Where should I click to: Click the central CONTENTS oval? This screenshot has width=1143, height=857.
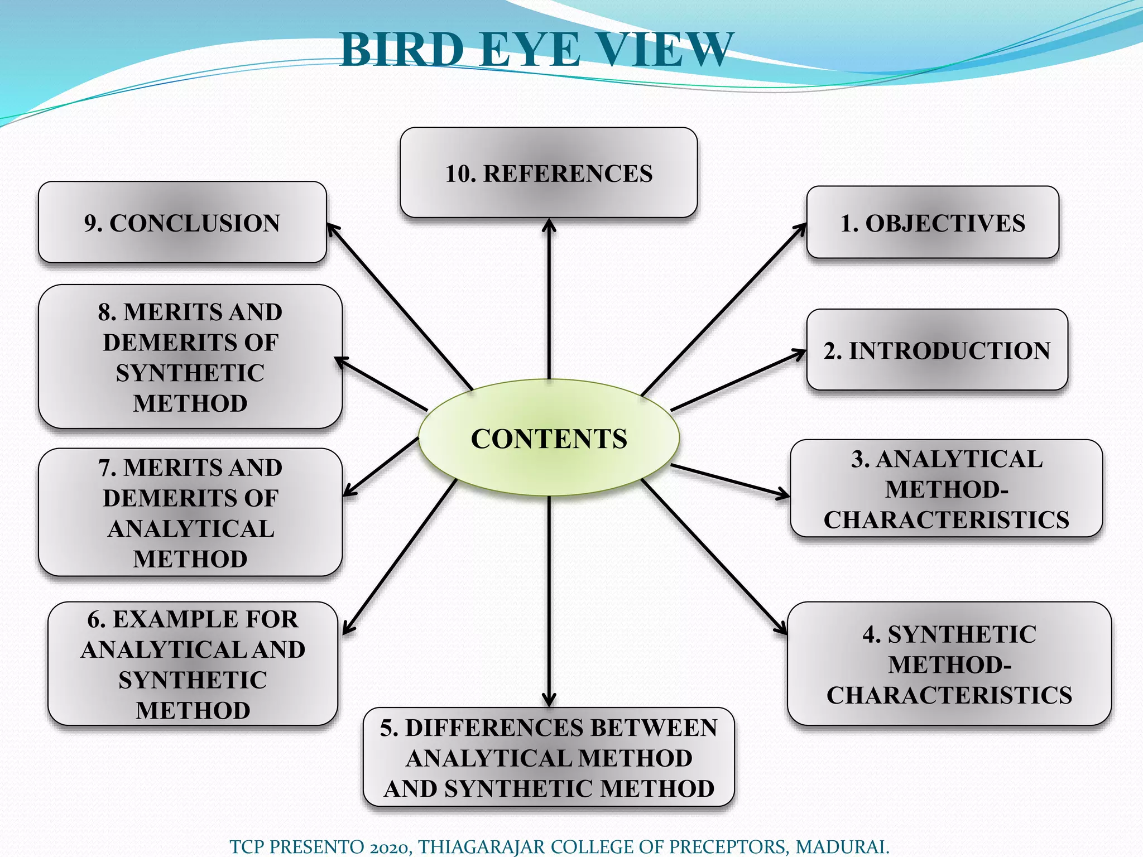tap(549, 438)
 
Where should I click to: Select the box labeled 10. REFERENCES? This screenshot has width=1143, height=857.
tap(549, 173)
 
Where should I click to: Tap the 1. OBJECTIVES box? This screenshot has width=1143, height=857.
tap(933, 223)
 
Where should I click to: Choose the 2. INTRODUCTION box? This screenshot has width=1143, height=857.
tap(937, 350)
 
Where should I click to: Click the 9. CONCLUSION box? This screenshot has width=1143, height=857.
tap(183, 223)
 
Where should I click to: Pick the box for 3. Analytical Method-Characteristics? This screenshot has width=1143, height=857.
tap(946, 489)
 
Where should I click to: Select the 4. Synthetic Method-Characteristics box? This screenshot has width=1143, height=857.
tap(949, 664)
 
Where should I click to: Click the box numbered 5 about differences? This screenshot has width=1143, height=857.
tap(549, 758)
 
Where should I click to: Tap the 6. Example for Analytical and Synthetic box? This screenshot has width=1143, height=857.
tap(193, 664)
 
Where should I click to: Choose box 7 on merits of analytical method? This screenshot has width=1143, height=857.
tap(190, 512)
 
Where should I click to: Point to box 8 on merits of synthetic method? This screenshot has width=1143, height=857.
tap(190, 357)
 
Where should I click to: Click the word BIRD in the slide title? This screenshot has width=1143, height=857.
tap(402, 50)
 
